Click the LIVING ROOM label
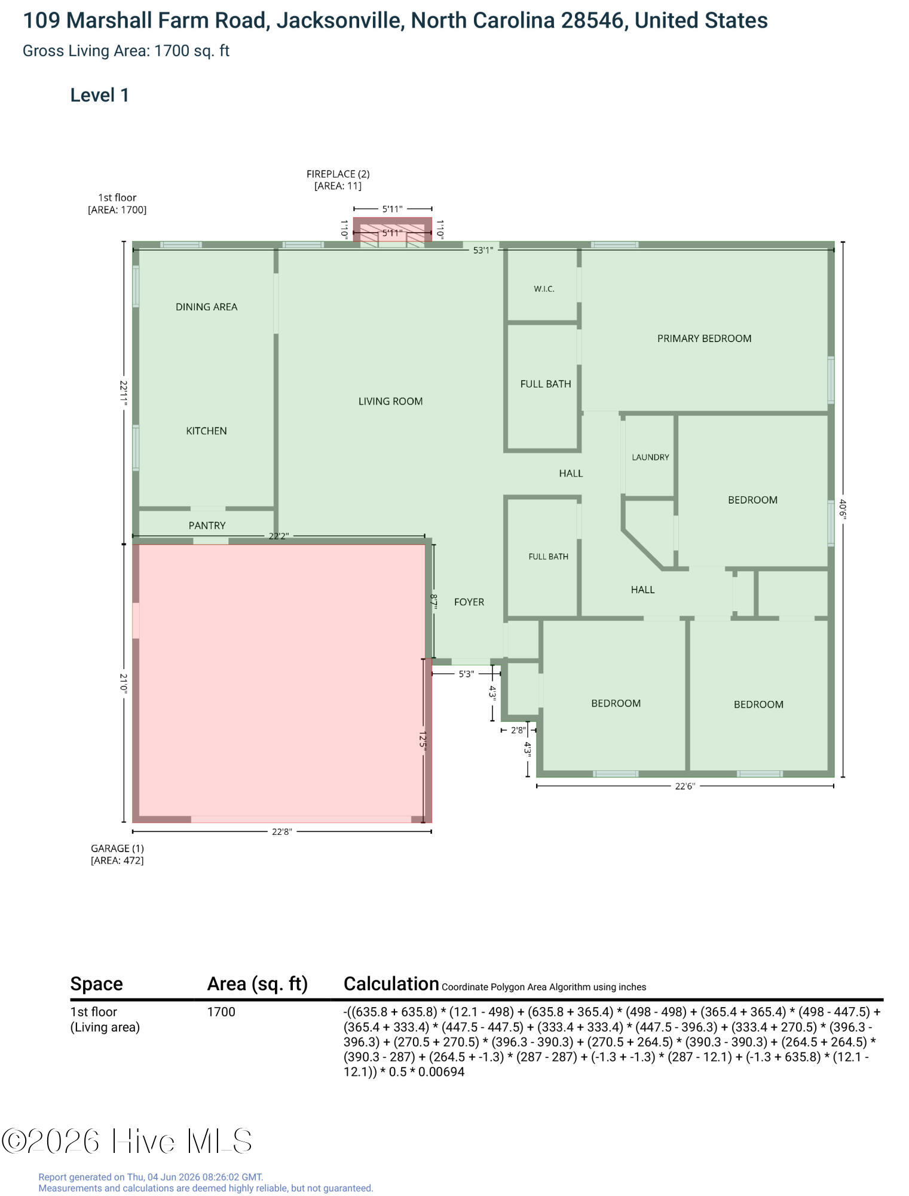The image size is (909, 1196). tap(390, 401)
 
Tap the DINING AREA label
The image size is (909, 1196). tap(206, 307)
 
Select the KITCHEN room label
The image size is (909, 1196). tap(206, 431)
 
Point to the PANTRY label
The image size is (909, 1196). tap(207, 525)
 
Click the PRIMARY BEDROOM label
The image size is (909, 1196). tap(704, 338)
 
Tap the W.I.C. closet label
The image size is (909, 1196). tap(544, 289)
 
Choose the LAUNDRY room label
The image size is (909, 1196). tap(650, 457)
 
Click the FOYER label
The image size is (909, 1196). tap(469, 602)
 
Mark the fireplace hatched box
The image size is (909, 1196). tap(392, 230)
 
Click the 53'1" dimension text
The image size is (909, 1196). tap(483, 250)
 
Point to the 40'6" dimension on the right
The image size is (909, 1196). tap(843, 509)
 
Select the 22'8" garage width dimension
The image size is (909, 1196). tap(281, 831)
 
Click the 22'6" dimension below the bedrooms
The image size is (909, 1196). tap(685, 786)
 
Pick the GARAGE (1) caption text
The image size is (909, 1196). tap(117, 848)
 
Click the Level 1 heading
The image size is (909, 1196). tap(100, 95)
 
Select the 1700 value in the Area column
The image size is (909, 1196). tap(221, 1012)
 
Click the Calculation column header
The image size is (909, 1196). tap(391, 984)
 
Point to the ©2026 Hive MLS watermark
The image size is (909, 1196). tap(127, 1141)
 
